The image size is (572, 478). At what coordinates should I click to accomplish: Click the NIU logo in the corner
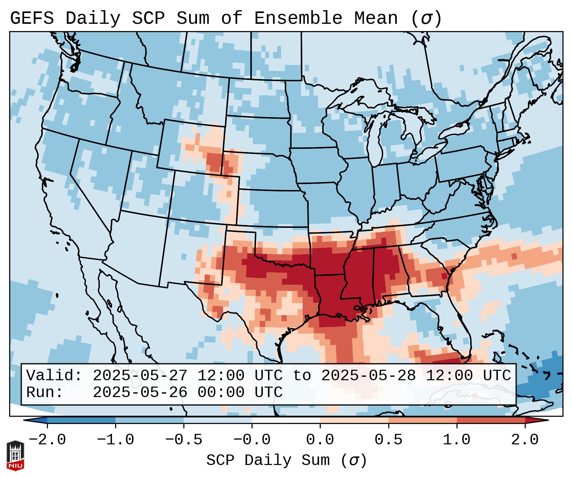[15, 455]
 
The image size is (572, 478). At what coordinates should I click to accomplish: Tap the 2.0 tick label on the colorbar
[525, 440]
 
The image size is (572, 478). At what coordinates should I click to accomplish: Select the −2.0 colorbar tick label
[47, 440]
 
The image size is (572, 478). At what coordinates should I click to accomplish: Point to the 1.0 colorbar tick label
[457, 440]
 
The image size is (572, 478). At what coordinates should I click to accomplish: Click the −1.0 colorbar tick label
[115, 440]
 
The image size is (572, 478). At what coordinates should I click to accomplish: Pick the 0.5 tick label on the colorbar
[388, 440]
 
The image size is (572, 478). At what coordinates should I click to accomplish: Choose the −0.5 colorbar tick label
[184, 440]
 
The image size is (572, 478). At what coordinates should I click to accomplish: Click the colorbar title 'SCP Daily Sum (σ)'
[286, 461]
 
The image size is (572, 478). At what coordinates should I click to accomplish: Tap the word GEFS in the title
[32, 18]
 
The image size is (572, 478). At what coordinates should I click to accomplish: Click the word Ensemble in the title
[298, 18]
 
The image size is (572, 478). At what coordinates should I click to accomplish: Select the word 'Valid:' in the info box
[54, 376]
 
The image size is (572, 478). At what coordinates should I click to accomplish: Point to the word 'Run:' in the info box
[45, 393]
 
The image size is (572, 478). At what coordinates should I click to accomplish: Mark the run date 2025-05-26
[140, 393]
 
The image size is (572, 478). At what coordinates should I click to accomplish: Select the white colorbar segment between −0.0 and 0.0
[286, 420]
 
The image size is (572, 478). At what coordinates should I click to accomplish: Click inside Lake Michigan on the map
[378, 140]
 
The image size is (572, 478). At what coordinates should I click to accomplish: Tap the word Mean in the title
[376, 18]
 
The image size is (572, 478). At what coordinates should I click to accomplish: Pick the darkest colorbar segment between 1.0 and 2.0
[490, 420]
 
